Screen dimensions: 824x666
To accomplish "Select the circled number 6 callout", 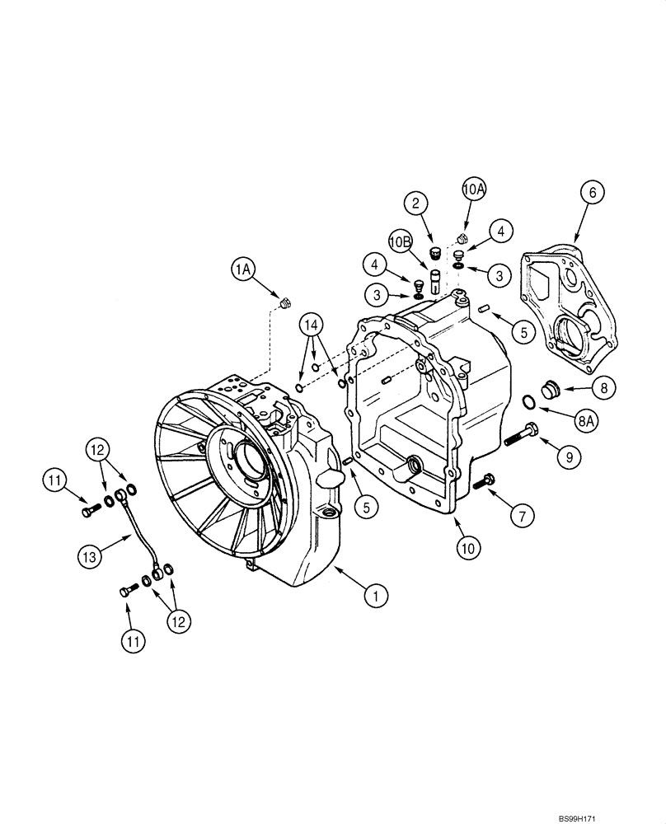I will tap(591, 192).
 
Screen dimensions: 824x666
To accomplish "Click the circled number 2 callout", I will tap(416, 203).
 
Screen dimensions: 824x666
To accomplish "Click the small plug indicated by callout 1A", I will tap(285, 304).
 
